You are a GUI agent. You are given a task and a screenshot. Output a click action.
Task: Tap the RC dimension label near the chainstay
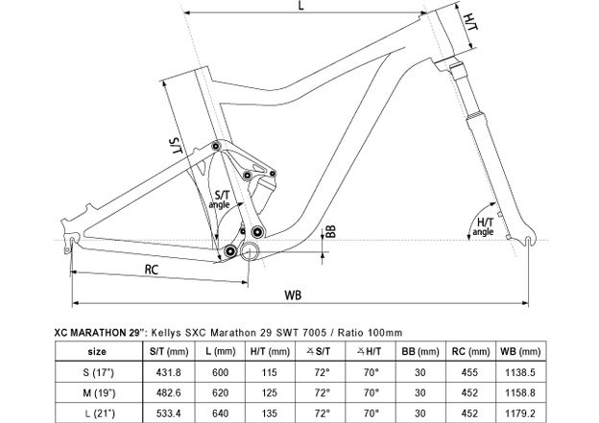152,270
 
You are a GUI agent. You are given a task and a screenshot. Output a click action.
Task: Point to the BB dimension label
329,231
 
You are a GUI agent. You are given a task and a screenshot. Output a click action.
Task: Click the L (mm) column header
222,349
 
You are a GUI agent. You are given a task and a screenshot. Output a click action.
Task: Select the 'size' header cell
93,349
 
